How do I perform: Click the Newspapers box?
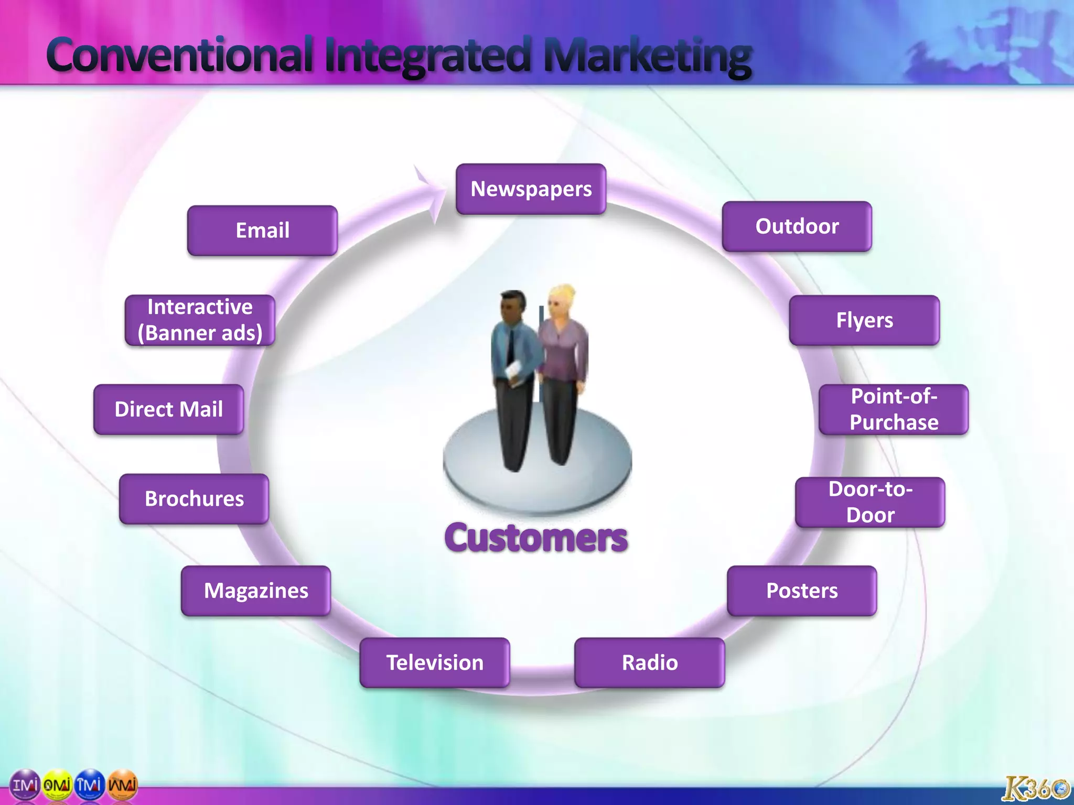coord(531,189)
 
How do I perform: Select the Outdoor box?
coord(797,226)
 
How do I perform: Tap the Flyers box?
coord(864,320)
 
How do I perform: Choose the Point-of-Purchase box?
coord(893,409)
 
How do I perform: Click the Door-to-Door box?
coord(869,502)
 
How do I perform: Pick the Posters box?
coord(801,591)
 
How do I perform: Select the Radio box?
coord(649,662)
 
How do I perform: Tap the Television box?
coord(434,662)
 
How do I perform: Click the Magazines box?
coord(255,591)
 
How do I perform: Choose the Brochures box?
coord(194,499)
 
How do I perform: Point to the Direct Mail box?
coord(168,409)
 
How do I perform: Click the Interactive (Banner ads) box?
coord(199,320)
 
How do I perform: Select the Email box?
coord(262,231)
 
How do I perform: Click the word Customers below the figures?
coord(535,538)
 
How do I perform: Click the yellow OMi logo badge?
coord(57,785)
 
